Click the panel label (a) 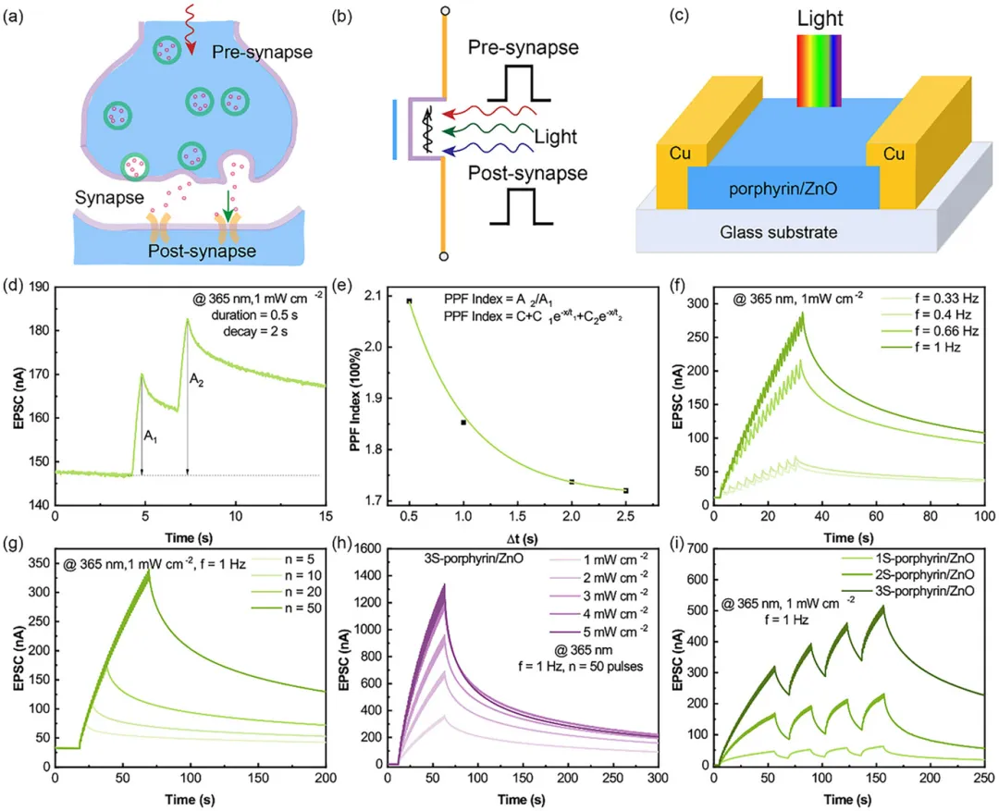(x=17, y=13)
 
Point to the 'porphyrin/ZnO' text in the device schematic (x=783, y=191)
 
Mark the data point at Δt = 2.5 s (x=626, y=490)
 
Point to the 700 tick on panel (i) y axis (x=696, y=548)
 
